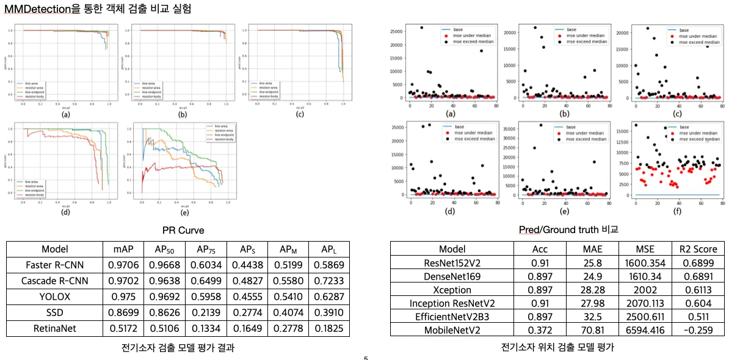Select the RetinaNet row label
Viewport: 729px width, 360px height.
coord(55,329)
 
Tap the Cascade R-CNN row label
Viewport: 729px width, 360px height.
coord(55,281)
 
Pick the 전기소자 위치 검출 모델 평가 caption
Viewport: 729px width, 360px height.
coord(557,347)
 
